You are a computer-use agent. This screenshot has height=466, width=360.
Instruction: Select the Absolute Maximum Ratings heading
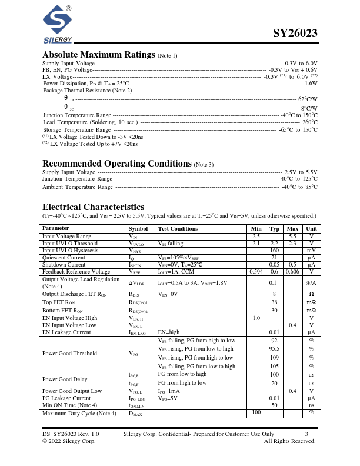point(99,55)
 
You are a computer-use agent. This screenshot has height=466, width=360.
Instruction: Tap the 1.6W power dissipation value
point(311,84)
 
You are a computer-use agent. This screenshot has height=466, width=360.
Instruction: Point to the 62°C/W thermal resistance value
point(308,99)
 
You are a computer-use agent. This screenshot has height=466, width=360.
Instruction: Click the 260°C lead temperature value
point(310,122)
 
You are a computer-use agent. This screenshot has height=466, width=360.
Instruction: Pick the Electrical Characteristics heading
point(93,207)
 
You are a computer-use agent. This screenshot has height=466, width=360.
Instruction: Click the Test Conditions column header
point(178,228)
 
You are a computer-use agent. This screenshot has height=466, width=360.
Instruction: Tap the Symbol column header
point(138,228)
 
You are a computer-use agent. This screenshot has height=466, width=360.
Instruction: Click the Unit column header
point(311,228)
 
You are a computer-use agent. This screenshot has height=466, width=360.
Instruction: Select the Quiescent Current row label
point(64,257)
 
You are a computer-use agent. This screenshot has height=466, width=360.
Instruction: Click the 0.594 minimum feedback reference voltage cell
point(256,272)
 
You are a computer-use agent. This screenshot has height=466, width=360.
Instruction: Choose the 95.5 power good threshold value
point(274,349)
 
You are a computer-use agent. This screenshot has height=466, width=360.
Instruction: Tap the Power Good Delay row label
point(65,379)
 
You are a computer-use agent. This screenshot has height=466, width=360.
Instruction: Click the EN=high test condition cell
point(169,332)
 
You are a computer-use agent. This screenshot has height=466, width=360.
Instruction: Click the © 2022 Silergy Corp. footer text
point(69,441)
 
